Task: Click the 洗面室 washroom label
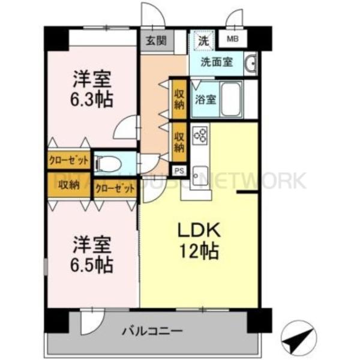217,62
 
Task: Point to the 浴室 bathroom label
205,100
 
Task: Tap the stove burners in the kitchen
200,136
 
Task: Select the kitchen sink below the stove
200,170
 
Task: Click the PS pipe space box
178,171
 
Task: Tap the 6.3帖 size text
92,100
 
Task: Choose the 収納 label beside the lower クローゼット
69,185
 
